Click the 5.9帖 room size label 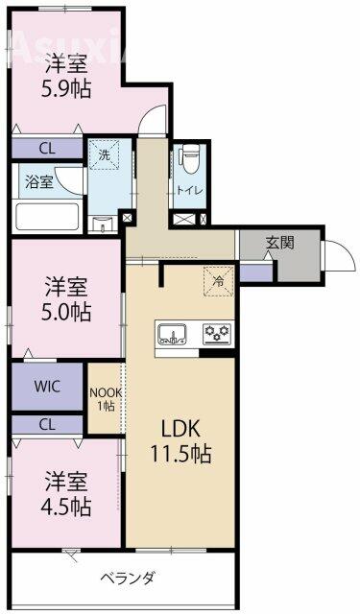coord(66,89)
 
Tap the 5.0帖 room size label coord(66,312)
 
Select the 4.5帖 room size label coord(66,508)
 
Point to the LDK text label coord(181,430)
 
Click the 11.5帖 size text coord(181,454)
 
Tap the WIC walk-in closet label coord(47,387)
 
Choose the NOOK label coord(106,392)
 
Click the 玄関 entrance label coord(280,243)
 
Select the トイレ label coord(190,191)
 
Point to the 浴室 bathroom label coord(39,182)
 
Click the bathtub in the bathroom coord(47,217)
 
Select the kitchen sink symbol coord(172,335)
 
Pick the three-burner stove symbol coord(217,334)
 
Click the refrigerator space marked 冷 coord(218,281)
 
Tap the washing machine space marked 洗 coord(104,155)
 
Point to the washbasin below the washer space coord(104,224)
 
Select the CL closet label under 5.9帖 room coord(47,149)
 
